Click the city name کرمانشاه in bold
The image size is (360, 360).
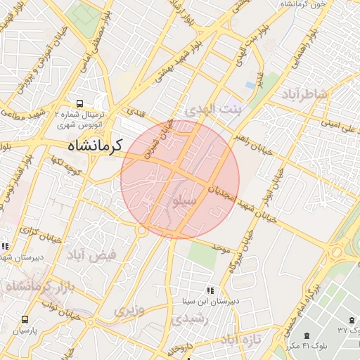tap(94, 146)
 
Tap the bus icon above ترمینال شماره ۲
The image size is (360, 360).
tap(79, 103)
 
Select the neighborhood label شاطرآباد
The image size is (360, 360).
tap(304, 94)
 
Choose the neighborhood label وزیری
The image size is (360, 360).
tap(131, 310)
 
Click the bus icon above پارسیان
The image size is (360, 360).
tap(26, 319)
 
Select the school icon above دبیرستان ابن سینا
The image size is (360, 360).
tap(209, 290)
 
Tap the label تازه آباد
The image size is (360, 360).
tap(240, 340)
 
